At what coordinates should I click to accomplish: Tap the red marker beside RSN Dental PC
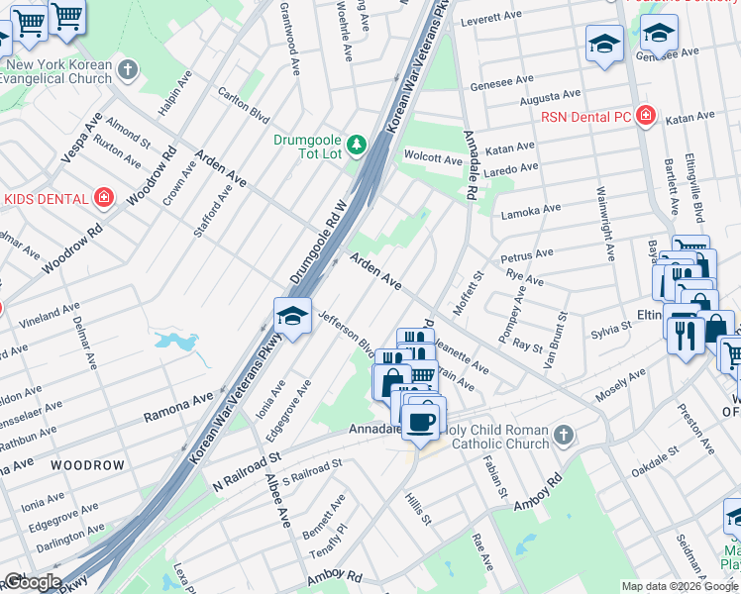coord(646,116)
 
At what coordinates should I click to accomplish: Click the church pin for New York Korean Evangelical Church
coord(127,69)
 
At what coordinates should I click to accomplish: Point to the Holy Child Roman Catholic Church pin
coord(563,435)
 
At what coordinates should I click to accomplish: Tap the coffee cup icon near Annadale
coord(424,419)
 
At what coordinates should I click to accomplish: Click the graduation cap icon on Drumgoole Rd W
coord(292,316)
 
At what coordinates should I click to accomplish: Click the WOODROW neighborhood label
coord(87,465)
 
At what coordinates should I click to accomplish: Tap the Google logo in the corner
coord(32,581)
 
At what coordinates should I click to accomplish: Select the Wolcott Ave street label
coord(432,159)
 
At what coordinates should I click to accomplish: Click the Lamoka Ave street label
coord(531,210)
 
